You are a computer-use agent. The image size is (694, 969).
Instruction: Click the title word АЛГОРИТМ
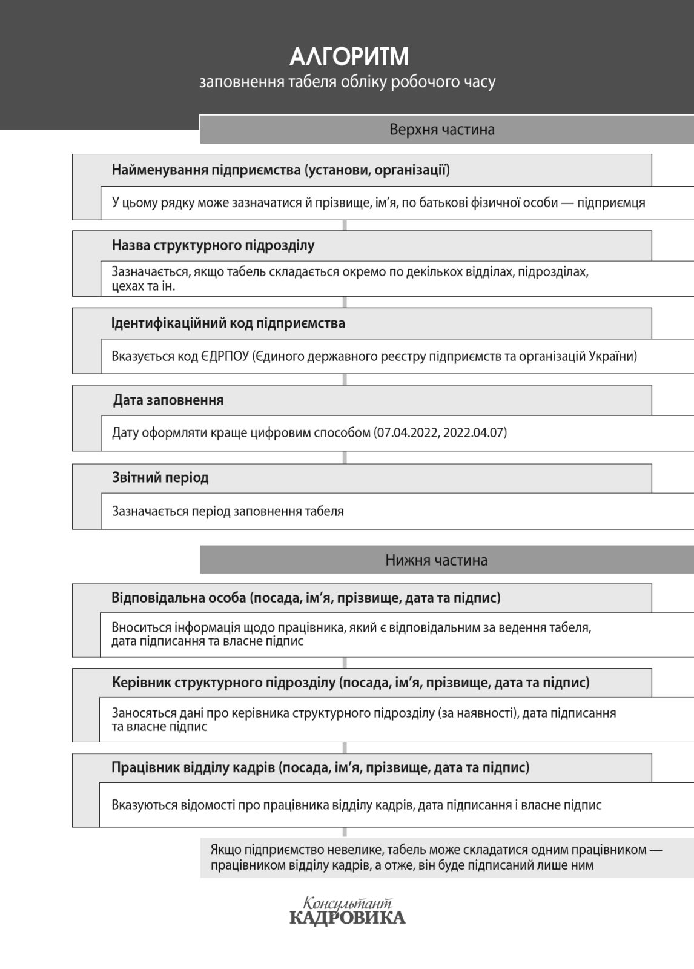(x=349, y=57)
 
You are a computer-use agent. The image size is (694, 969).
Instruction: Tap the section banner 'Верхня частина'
(x=442, y=130)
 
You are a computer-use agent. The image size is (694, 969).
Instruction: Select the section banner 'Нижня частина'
(x=436, y=560)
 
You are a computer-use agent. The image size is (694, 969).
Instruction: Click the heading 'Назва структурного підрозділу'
(x=213, y=245)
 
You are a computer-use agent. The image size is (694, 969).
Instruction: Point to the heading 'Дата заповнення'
(x=168, y=400)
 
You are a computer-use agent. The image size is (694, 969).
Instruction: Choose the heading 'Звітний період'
(x=160, y=478)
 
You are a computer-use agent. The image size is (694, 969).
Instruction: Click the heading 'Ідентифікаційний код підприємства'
(x=228, y=323)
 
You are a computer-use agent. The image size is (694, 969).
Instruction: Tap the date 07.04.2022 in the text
(x=408, y=433)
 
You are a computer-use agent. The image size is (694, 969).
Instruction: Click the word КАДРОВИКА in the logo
(x=348, y=918)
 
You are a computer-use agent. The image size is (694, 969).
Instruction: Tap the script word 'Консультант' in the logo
(x=348, y=904)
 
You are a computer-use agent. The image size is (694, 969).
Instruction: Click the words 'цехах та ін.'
(x=144, y=286)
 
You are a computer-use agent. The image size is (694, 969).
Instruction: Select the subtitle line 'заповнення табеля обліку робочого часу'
(x=347, y=82)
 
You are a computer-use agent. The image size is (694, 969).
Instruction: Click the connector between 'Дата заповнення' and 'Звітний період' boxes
(x=345, y=457)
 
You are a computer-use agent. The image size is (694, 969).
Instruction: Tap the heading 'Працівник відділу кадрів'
(x=194, y=768)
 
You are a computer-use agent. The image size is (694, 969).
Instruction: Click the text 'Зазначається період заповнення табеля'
(x=228, y=511)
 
